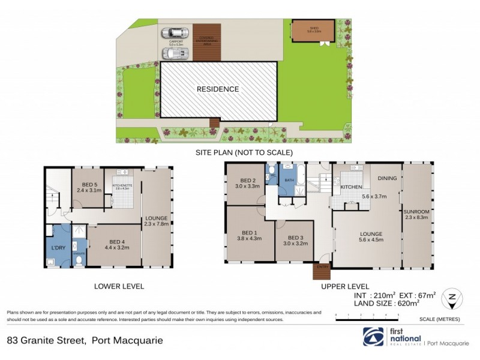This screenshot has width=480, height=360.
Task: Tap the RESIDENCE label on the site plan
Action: pos(218,89)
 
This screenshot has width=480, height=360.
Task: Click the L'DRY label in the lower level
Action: pos(58,248)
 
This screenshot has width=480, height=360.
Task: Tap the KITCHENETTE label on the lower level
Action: pos(121,186)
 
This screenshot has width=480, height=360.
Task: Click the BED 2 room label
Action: pos(249,181)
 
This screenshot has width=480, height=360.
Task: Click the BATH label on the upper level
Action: pos(289,180)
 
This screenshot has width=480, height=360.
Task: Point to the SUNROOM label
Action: pos(416,212)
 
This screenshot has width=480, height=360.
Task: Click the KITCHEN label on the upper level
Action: pos(350,188)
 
